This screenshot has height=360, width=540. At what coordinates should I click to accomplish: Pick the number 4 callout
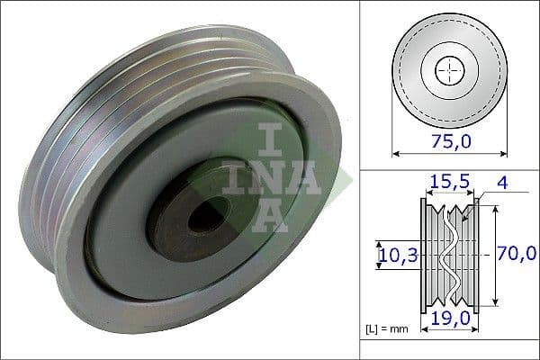point(502,184)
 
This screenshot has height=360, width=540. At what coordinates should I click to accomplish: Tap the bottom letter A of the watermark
point(270,216)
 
